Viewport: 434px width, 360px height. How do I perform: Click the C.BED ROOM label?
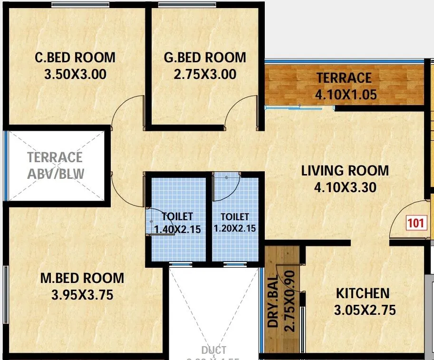(75, 58)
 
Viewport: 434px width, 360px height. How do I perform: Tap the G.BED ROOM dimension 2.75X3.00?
(205, 74)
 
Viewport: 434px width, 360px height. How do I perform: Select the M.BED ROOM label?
(82, 278)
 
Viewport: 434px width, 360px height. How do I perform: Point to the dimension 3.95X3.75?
(82, 295)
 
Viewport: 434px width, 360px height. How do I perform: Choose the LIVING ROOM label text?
(345, 170)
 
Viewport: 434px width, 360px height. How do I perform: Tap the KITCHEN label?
(363, 293)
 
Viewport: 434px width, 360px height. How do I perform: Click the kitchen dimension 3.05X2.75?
(365, 310)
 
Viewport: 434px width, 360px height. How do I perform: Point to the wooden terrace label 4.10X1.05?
(346, 94)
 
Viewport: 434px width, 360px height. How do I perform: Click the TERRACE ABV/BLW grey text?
(55, 165)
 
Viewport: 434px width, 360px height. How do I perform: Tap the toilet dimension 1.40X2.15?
(177, 229)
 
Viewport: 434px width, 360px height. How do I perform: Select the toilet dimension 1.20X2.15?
(235, 228)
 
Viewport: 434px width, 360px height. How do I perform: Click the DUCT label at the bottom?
(214, 351)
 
